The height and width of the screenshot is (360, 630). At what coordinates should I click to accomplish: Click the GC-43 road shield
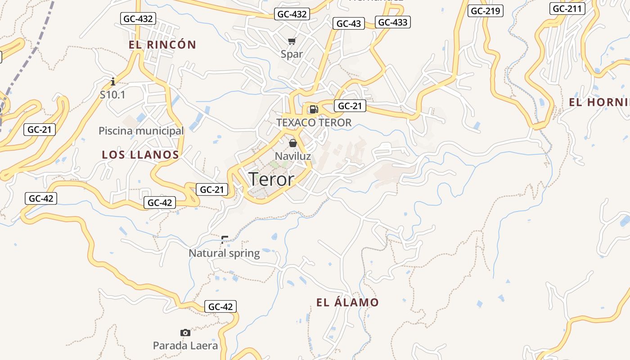[x=349, y=24]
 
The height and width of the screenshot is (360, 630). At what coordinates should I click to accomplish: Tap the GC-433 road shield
[x=392, y=22]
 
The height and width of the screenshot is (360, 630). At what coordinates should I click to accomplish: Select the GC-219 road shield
[x=486, y=11]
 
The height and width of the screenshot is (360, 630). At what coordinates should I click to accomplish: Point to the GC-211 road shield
[x=567, y=9]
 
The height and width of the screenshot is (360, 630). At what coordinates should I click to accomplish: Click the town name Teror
[x=271, y=179]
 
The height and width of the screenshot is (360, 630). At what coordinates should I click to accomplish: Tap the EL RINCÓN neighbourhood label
[x=162, y=45]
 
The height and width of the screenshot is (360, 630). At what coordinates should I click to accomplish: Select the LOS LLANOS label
[x=140, y=155]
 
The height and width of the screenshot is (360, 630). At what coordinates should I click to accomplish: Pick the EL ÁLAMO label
[x=347, y=302]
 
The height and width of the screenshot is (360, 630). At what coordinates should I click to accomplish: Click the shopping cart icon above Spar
[x=292, y=41]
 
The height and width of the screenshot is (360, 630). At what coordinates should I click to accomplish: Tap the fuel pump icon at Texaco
[x=314, y=109]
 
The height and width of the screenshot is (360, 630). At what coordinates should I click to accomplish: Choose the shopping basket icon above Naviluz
[x=293, y=143]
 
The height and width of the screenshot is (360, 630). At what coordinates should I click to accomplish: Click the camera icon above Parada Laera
[x=185, y=333]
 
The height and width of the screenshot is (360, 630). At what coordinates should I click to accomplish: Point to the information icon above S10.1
[x=113, y=81]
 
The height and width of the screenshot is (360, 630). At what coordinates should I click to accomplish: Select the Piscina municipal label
[x=141, y=131]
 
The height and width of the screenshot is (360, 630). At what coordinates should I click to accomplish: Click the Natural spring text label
[x=224, y=253]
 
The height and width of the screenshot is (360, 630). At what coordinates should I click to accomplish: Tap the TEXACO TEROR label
[x=314, y=122]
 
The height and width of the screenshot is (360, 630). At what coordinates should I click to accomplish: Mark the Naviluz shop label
[x=293, y=156]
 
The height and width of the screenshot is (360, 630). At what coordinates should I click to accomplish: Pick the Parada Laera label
[x=185, y=346]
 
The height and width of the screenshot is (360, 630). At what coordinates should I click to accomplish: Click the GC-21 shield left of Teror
[x=211, y=189]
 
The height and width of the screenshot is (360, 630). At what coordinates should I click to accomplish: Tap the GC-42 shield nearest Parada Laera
[x=220, y=306]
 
